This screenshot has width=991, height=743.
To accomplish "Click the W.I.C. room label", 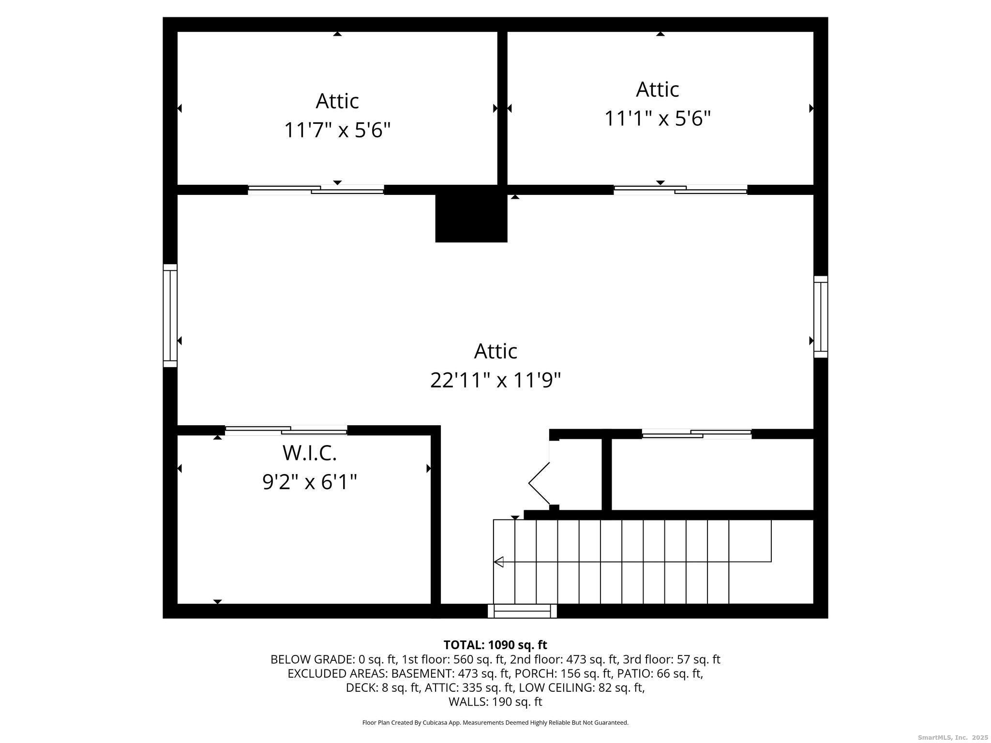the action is pos(309,453).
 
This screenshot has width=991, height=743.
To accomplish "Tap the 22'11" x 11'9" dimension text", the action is pos(495,380).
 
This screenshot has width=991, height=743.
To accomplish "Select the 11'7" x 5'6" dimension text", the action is pos(337,130).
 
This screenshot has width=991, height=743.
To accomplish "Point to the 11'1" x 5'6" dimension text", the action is pos(658,119).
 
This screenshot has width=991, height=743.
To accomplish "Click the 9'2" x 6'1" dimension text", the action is pos(310,482).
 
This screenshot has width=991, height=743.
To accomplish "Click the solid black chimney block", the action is pos(471,214).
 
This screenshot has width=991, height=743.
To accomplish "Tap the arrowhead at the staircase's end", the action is pos(498,562).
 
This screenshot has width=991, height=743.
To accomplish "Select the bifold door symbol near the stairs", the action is pos(539,483).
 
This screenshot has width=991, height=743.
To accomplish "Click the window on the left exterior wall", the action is pos(170,315).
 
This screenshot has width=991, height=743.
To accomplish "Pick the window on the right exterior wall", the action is pos(821,317).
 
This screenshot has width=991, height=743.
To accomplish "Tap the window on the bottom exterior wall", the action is pos(522,611).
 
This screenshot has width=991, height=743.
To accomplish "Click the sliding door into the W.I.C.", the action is pos(286,431).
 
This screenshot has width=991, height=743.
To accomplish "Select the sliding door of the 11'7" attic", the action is pos(316,190).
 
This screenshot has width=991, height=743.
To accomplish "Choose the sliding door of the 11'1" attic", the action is pos(680,190).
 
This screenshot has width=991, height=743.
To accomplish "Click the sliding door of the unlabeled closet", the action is pos(697,434).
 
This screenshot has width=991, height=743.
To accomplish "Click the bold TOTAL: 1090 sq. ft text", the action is pos(495,645).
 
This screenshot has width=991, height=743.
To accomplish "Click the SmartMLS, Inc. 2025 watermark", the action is pos(953,737).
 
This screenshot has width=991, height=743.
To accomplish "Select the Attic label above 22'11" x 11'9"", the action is pos(495,351).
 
